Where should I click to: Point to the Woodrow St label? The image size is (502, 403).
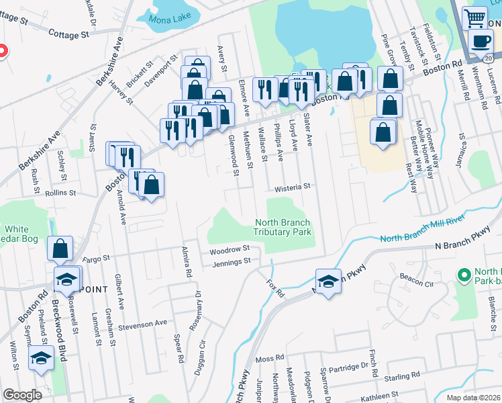point(230,249)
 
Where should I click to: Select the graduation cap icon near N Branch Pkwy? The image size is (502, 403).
point(328,281)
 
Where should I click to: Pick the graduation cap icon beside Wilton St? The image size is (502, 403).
point(41,359)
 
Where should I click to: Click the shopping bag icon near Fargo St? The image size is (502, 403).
point(60,249)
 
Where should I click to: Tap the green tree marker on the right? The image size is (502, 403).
point(463,275)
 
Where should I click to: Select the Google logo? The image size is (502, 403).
point(22,395)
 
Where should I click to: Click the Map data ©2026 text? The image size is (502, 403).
point(472,398)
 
